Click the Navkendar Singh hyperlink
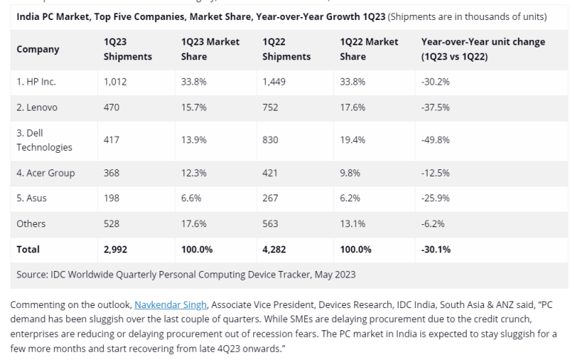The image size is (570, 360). tap(171, 304)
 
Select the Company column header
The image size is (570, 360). tap(38, 49)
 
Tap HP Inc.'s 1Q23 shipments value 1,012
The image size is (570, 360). tap(116, 82)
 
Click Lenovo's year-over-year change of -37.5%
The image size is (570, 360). tap(436, 107)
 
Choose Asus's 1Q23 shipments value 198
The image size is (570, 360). tap(112, 198)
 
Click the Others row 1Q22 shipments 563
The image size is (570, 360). tap(272, 223)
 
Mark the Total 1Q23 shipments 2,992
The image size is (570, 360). tap(117, 249)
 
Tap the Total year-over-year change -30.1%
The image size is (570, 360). tap(436, 249)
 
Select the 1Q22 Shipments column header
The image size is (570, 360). tap(286, 49)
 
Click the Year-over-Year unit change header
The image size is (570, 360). tap(482, 49)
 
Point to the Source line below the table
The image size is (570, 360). tap(186, 274)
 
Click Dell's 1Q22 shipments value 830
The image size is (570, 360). tap(272, 140)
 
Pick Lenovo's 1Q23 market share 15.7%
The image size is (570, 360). tap(195, 107)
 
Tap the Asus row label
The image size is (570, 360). tap(32, 198)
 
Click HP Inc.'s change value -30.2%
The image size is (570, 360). tap(436, 82)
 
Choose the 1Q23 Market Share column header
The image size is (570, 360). tap(210, 49)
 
